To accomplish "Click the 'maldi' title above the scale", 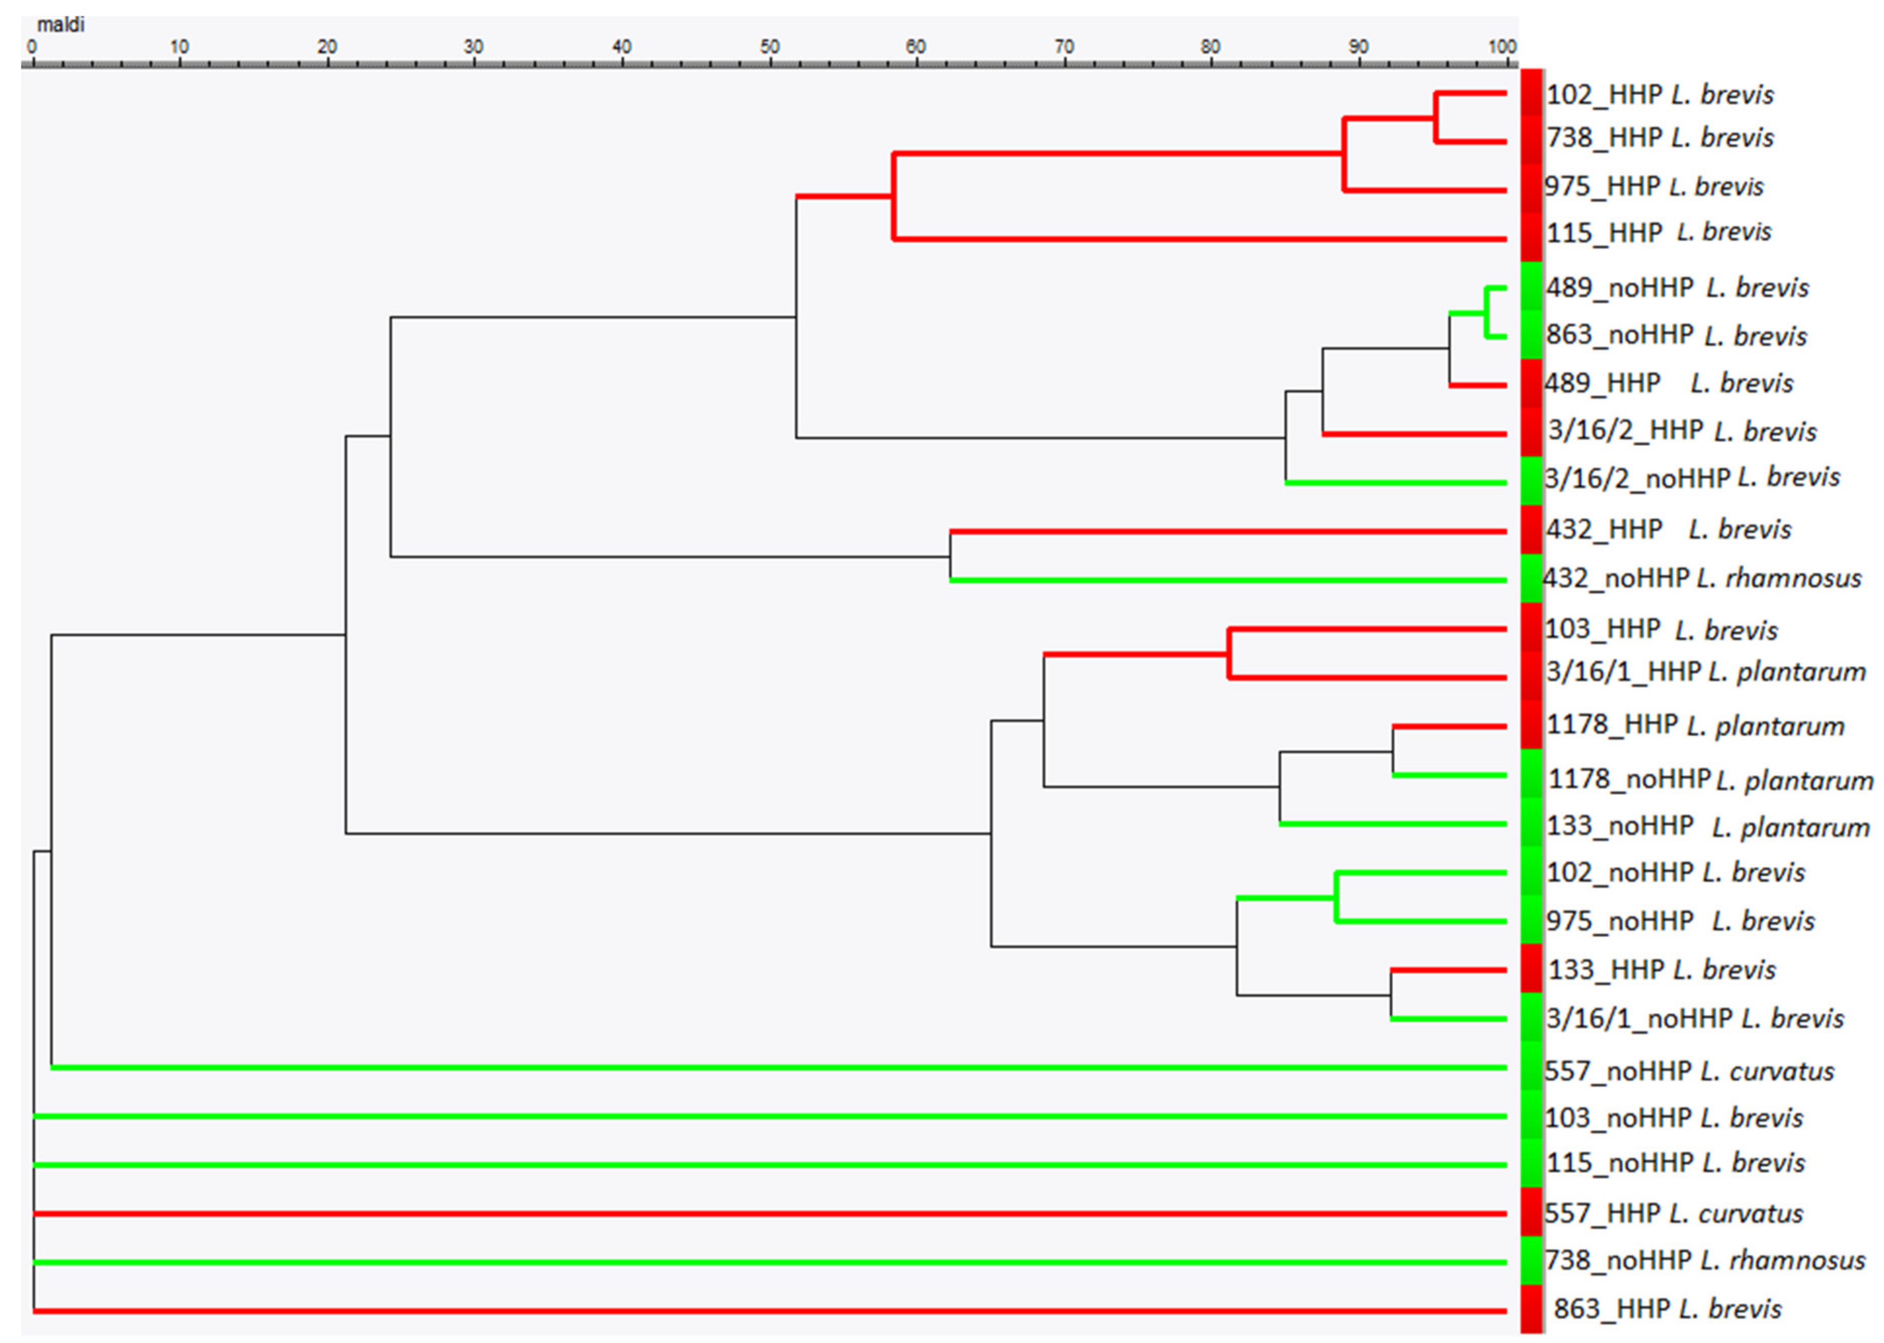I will pos(61,25).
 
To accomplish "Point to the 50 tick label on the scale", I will pos(769,46).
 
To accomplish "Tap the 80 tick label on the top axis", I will pos(1210,46).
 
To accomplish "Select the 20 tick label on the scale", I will pos(327,46).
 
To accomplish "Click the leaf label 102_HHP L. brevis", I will pos(1659,94).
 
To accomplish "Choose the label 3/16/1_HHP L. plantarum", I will pos(1705,671).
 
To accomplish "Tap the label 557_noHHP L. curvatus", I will pos(1689,1071).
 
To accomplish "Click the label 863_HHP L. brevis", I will pos(1667,1308).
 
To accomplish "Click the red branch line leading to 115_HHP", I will pos(1199,239).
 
